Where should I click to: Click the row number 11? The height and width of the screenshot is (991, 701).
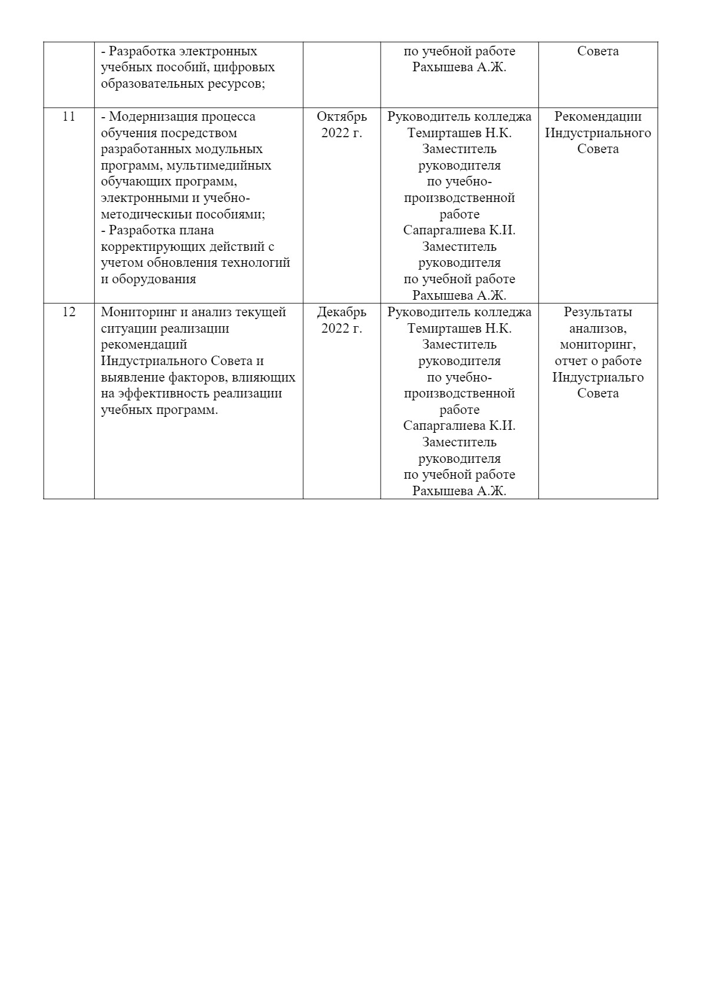click(x=69, y=117)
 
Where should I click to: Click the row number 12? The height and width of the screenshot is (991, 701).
click(x=69, y=312)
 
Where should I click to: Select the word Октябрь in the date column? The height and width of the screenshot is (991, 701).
click(x=342, y=117)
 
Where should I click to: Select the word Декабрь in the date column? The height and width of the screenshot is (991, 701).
click(x=342, y=312)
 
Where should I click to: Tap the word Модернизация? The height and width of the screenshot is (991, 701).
click(x=152, y=117)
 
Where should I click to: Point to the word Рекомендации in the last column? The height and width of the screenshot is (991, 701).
click(x=598, y=117)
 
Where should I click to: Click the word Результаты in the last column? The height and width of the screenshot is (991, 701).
click(x=598, y=312)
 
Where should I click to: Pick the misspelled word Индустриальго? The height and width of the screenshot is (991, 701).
click(x=598, y=377)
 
